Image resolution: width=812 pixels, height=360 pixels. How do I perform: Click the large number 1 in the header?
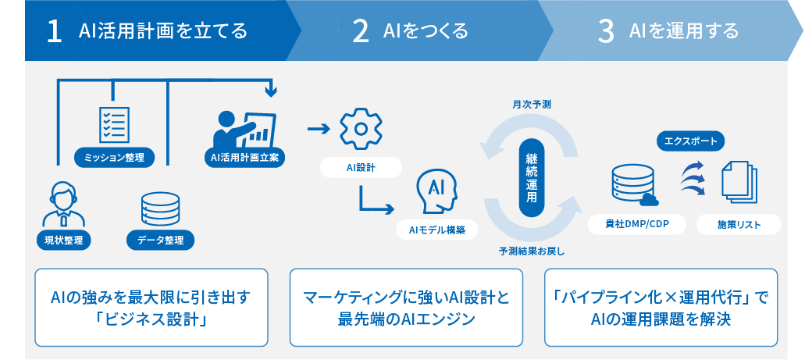(55, 32)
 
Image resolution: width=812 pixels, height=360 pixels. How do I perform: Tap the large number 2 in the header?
(361, 32)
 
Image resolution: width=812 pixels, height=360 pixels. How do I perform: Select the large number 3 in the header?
(606, 32)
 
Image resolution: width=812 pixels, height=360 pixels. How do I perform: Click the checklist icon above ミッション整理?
(114, 123)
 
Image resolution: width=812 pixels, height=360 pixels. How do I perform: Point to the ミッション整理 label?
(114, 158)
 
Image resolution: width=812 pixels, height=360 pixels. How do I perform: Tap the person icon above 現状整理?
(60, 204)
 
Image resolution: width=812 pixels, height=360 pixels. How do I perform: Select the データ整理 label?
(161, 241)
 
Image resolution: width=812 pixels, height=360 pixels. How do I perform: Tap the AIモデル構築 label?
(436, 230)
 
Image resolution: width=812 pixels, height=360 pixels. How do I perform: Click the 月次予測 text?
(532, 104)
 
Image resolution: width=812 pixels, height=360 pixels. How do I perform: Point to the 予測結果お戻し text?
(532, 251)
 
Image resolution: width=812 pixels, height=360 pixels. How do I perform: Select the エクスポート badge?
(691, 141)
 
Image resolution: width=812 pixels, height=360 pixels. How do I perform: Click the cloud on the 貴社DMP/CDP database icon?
(650, 199)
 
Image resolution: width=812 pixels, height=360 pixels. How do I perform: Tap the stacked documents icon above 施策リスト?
(739, 182)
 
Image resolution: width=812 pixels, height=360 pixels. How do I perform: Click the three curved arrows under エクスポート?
(693, 178)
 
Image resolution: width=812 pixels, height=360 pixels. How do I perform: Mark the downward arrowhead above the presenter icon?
(270, 93)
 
